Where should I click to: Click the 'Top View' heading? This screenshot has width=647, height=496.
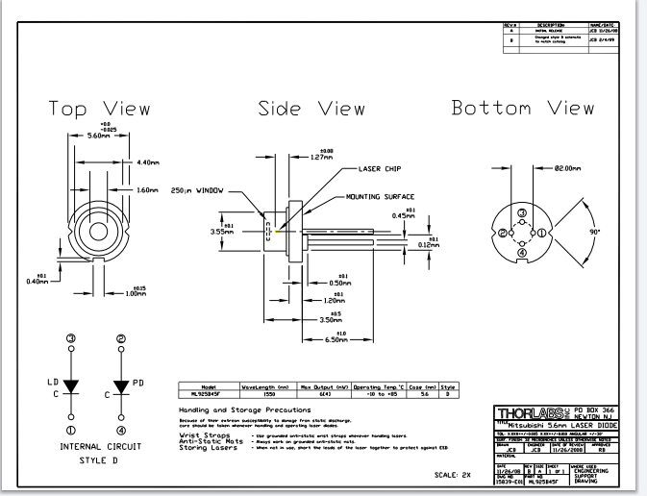click(101, 108)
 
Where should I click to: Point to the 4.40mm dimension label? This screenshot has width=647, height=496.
click(153, 161)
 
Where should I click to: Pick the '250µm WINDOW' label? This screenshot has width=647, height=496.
click(197, 190)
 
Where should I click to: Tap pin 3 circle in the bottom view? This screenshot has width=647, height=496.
click(522, 213)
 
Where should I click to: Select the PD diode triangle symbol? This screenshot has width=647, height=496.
click(121, 386)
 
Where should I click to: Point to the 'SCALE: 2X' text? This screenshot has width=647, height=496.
click(453, 475)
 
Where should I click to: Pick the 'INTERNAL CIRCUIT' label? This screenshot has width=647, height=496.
click(94, 447)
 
